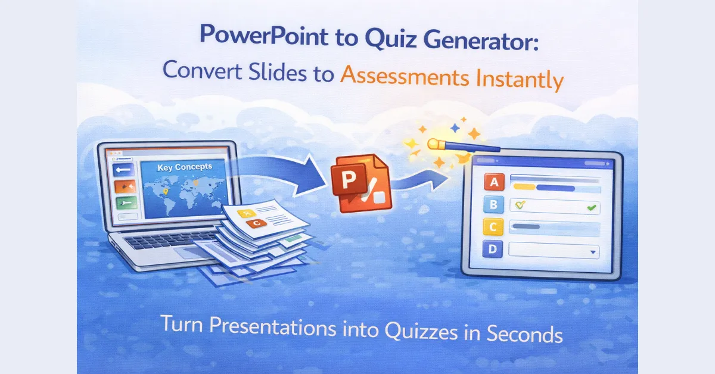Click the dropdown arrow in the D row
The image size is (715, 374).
592,252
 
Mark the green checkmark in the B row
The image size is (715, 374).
591,208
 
